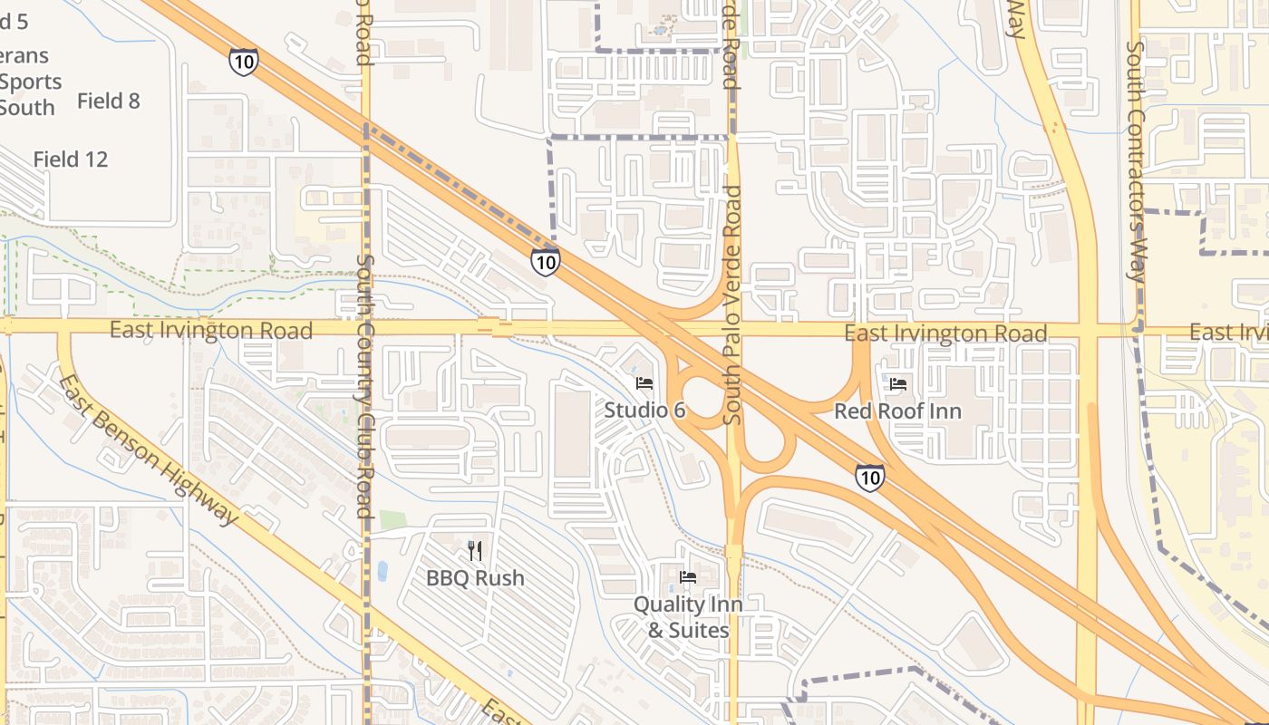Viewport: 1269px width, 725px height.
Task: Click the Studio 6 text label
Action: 644,411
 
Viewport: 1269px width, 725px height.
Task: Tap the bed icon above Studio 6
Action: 644,383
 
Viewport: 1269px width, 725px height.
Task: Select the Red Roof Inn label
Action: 897,411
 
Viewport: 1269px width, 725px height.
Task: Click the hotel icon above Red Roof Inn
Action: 898,384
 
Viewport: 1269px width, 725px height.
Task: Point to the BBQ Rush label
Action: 475,578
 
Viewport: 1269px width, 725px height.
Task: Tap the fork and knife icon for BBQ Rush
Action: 474,551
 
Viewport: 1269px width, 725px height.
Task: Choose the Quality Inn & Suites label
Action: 688,617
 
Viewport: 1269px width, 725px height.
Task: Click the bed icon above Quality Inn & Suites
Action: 688,577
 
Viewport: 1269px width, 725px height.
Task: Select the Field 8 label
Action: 109,101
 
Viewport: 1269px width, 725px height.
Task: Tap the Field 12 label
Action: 71,159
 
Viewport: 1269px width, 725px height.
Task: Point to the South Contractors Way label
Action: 1135,161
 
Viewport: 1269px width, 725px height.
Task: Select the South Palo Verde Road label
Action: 732,304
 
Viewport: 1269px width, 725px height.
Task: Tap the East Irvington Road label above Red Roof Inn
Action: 945,333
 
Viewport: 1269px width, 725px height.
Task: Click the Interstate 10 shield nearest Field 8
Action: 243,62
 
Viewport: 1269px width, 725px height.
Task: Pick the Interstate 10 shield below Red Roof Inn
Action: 869,478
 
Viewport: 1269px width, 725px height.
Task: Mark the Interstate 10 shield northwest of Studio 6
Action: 545,262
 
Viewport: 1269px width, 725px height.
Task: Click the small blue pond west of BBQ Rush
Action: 382,571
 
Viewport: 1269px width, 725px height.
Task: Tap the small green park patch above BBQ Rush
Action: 392,520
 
